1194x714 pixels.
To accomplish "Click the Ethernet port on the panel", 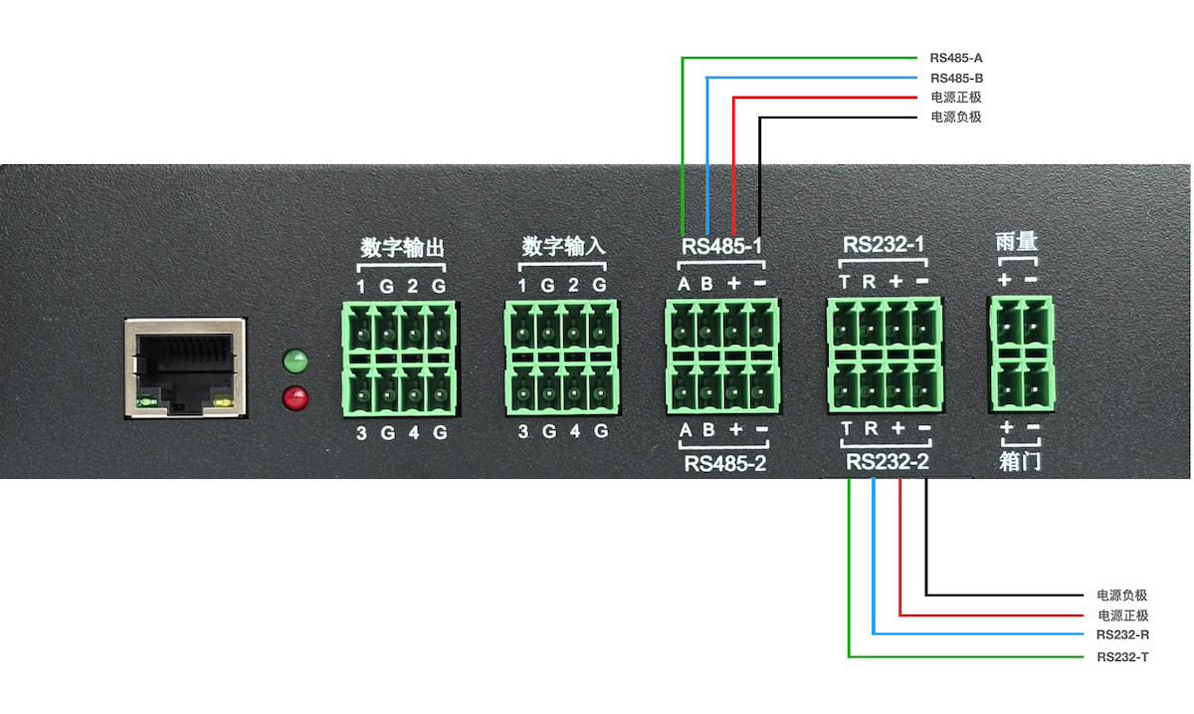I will coord(184,367).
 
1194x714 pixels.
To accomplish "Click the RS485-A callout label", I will coord(956,58).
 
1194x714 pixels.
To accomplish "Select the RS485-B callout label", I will coord(956,78).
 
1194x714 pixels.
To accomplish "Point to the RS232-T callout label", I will coord(1122,657).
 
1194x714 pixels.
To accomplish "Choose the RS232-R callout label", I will coord(1122,634).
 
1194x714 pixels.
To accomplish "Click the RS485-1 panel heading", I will coord(723,246).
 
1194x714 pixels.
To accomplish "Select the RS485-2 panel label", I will coord(723,463).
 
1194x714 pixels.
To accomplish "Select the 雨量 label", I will coord(1017,242).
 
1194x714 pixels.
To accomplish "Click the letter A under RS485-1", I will coord(685,284).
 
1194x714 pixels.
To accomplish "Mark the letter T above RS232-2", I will coord(847,430).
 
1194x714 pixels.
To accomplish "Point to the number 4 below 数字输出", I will coord(414,433).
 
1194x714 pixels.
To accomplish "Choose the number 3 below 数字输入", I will coord(523,432).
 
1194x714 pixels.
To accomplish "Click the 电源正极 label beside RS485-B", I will coord(956,98).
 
